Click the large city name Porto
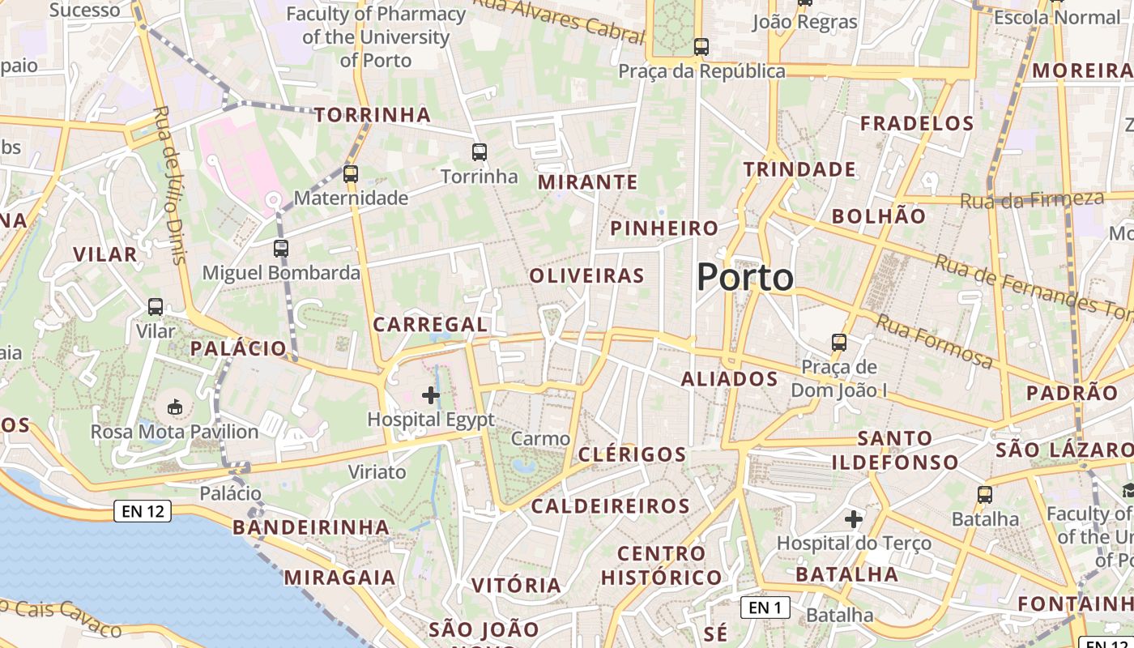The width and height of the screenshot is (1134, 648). click(745, 278)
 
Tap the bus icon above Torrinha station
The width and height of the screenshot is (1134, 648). click(479, 151)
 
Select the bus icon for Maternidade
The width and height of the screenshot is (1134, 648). click(351, 173)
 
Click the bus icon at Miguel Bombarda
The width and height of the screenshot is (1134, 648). click(281, 249)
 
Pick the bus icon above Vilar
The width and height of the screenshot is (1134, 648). click(156, 307)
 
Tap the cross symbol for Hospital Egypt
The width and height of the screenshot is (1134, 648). click(431, 395)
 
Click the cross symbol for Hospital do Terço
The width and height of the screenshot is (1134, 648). click(854, 518)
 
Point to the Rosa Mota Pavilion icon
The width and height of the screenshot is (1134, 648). click(174, 407)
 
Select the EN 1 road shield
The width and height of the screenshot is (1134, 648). click(765, 607)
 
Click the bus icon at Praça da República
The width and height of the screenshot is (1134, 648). click(701, 47)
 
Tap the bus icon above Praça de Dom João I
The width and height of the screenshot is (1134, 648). click(839, 343)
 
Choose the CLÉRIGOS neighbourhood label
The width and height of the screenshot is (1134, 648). click(633, 454)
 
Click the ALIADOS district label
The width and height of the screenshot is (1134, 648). click(729, 379)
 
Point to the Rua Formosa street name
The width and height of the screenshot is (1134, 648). click(934, 340)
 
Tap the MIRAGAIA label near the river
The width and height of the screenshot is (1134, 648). click(339, 578)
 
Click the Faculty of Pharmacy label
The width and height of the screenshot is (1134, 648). click(376, 37)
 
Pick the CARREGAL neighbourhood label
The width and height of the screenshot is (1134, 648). click(430, 325)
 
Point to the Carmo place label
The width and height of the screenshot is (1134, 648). click(540, 439)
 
